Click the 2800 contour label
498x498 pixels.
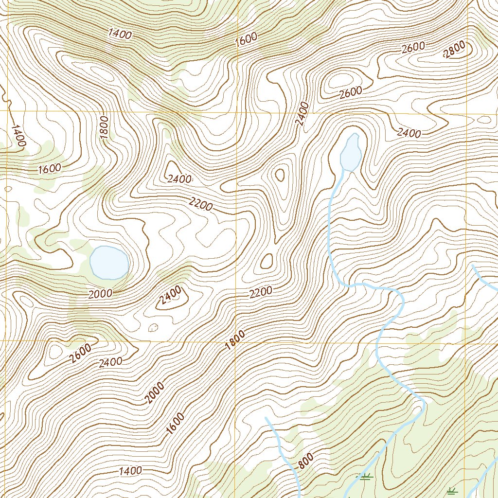click(x=455, y=50)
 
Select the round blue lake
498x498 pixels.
click(x=109, y=263)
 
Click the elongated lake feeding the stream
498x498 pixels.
click(x=350, y=152)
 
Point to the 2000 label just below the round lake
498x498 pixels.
click(x=101, y=293)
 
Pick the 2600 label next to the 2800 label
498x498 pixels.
click(x=414, y=48)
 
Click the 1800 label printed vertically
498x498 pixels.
click(x=105, y=127)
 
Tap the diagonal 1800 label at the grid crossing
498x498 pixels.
click(x=235, y=340)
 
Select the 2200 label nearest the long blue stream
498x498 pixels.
click(x=261, y=292)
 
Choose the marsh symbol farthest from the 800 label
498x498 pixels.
click(x=453, y=491)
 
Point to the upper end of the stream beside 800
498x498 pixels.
click(x=266, y=417)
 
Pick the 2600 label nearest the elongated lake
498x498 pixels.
click(x=351, y=91)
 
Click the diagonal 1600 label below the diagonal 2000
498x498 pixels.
click(x=175, y=424)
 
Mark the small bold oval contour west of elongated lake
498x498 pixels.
click(x=280, y=175)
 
